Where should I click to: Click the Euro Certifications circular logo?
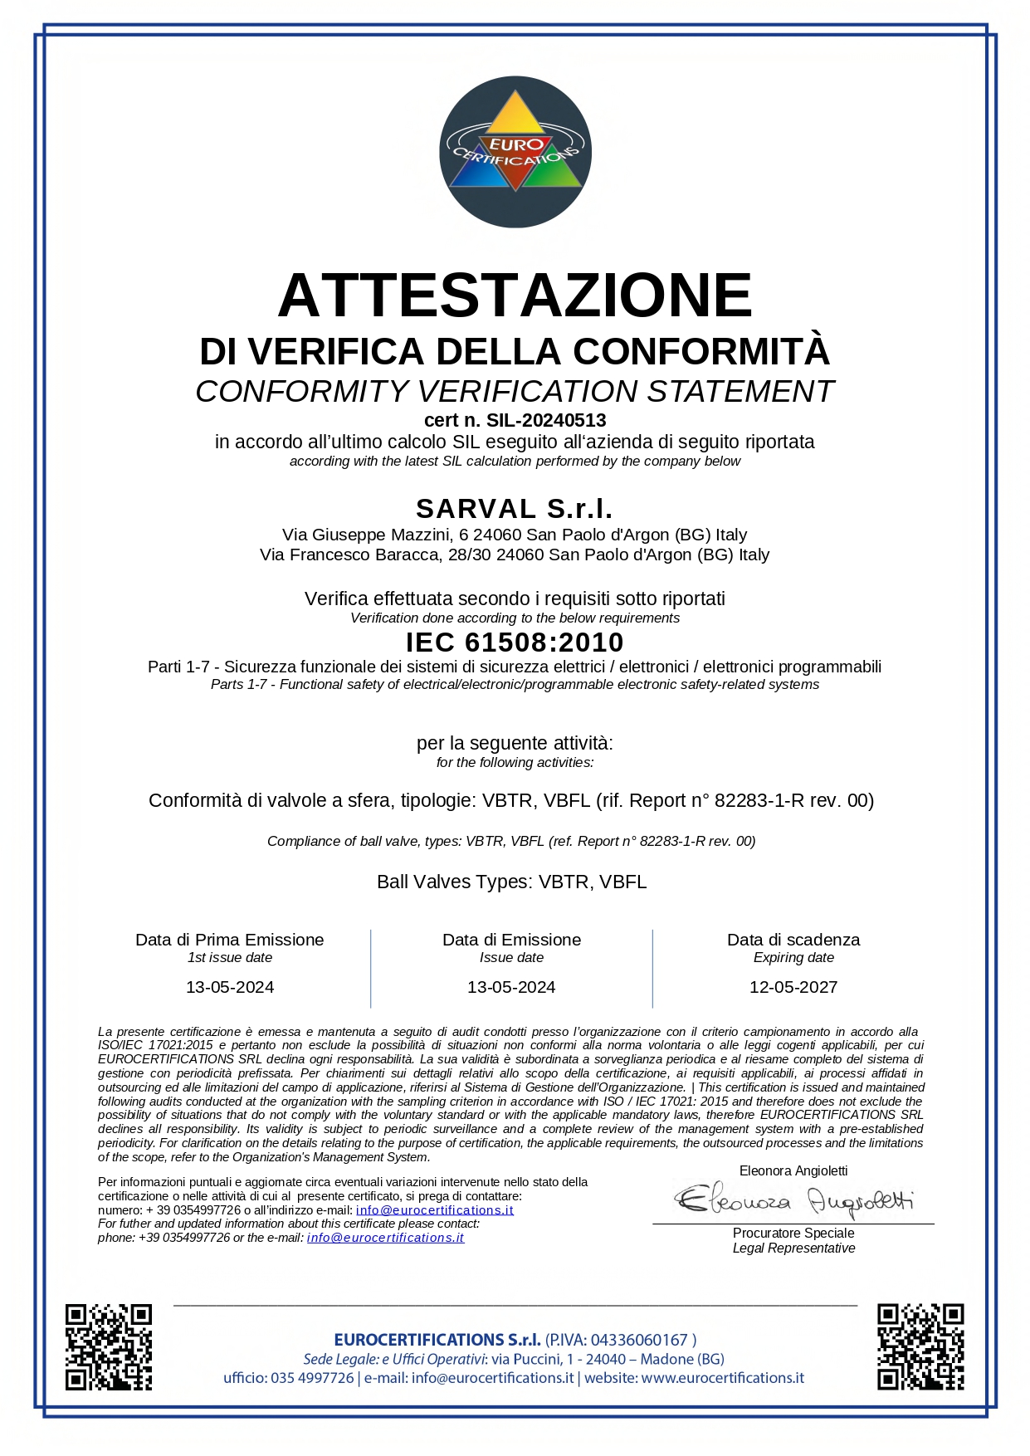click(x=515, y=152)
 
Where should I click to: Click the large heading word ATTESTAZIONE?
click(x=515, y=295)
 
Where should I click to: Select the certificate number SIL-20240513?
click(x=546, y=421)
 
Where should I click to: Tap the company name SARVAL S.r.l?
click(x=515, y=508)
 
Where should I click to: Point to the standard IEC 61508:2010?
click(x=515, y=642)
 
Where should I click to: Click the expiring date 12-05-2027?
click(x=793, y=987)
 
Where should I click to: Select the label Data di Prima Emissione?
click(x=230, y=940)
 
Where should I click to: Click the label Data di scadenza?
click(x=793, y=940)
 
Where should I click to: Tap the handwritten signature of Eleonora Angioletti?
click(x=793, y=1200)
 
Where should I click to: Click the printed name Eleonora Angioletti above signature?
click(x=793, y=1170)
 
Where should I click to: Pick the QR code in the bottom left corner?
click(x=109, y=1346)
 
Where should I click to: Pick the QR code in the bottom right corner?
click(x=920, y=1346)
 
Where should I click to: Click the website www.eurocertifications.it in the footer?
click(x=723, y=1378)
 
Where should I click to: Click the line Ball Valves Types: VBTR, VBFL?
click(x=512, y=882)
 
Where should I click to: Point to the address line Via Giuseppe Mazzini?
click(x=515, y=535)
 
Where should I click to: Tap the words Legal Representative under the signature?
click(x=793, y=1248)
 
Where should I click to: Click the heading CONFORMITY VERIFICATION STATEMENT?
click(x=515, y=391)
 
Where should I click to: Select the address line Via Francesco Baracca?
click(x=515, y=555)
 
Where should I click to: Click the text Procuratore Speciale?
click(x=793, y=1234)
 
